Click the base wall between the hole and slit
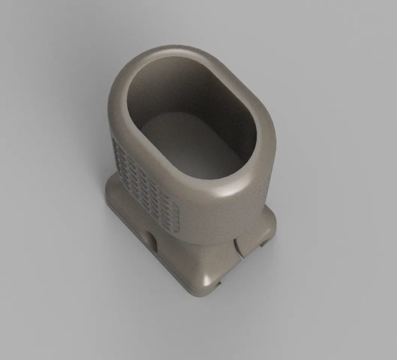click(x=194, y=256)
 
